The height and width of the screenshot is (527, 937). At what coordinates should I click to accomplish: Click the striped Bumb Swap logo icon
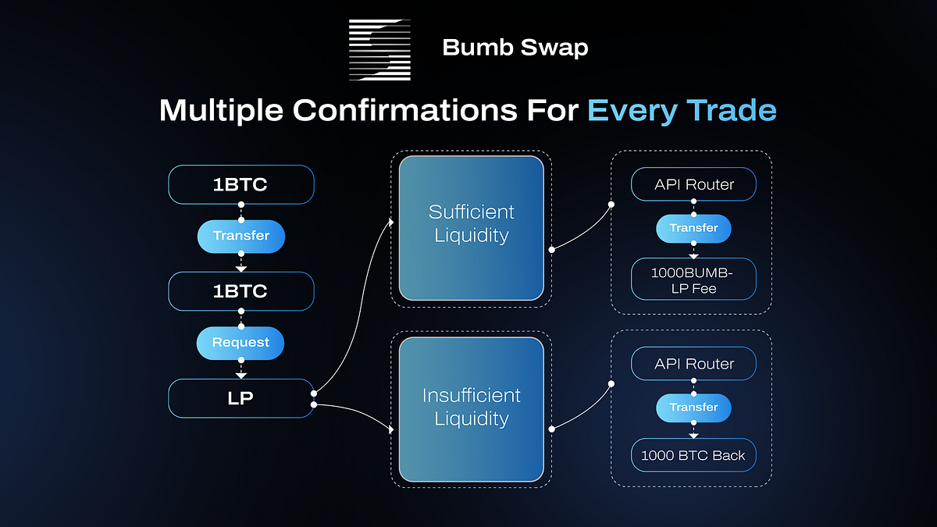coord(379,48)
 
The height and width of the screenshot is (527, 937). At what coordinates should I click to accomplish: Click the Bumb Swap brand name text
coord(515,48)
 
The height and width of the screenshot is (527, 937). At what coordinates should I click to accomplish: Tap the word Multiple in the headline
coord(221,110)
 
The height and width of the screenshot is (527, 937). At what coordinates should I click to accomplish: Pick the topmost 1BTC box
coord(241,185)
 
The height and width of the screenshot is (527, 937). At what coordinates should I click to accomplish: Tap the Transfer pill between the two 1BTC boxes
coord(241,236)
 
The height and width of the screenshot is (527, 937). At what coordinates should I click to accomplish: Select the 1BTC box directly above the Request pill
coord(241,291)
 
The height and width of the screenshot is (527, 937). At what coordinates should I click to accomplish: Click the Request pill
coord(240,343)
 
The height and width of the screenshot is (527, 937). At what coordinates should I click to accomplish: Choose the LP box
coord(241,398)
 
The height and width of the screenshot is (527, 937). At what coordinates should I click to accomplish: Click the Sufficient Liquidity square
coord(471,228)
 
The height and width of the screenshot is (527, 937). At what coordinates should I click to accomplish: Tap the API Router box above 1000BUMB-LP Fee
coord(693,185)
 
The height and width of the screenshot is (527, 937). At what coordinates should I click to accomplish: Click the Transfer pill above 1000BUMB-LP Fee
coord(693,228)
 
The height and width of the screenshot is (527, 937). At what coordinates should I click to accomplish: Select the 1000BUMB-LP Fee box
coord(693,279)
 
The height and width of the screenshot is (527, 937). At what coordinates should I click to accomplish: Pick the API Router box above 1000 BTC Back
coord(693,364)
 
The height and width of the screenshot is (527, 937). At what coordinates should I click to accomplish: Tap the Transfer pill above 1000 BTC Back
coord(693,408)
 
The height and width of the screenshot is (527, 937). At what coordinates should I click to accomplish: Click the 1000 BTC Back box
coord(693,455)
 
